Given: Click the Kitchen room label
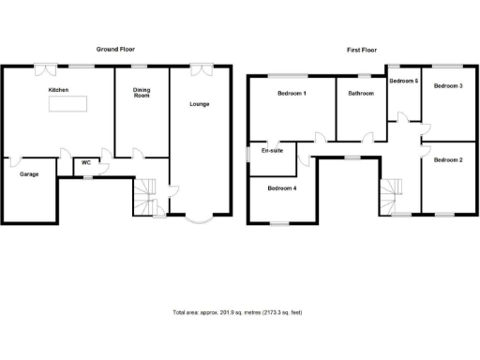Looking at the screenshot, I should coord(60,90).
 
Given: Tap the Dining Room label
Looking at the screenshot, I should coord(140,93).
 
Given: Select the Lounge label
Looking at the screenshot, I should coord(199,103).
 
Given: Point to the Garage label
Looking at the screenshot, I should coord(28,174).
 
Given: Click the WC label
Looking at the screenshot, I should coord(85,163).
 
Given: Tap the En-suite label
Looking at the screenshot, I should coord(271,151).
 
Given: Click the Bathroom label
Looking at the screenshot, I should coord(361,93).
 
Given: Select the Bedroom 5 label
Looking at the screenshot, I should coord(403,82).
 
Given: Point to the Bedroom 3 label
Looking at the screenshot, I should coord(448,85).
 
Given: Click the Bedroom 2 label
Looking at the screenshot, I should coord(448,159).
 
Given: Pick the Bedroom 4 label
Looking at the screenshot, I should coord(281,188).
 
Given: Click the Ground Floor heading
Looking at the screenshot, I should coord(116,49).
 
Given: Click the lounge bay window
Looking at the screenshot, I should coord(197,221).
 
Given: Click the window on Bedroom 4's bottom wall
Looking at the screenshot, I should coord(278,223).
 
